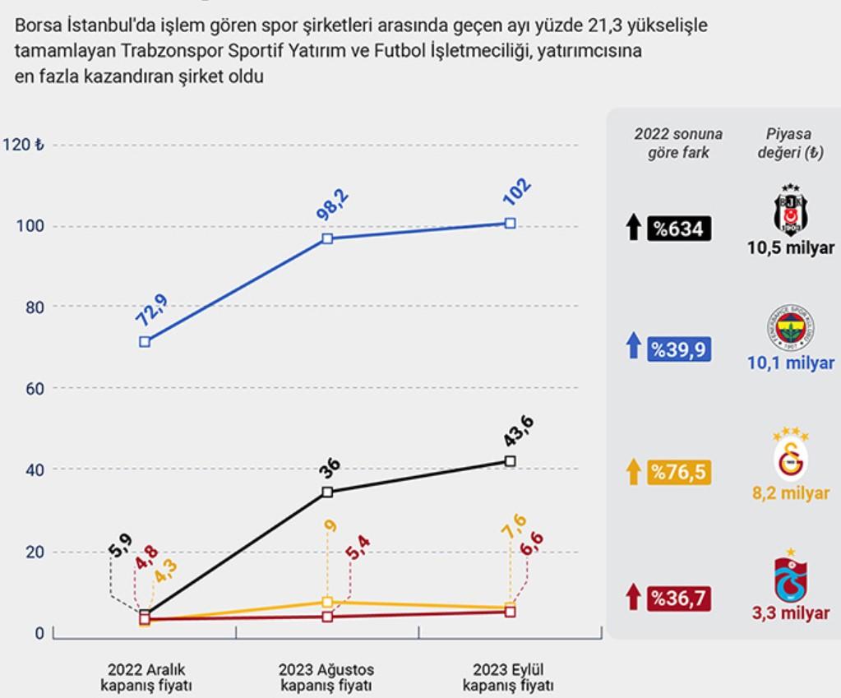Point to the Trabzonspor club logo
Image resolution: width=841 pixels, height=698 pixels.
click(790, 580)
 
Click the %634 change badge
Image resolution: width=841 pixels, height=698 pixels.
click(677, 229)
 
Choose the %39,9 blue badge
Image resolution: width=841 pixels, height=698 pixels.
click(677, 349)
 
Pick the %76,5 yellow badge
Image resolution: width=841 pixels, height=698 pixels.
click(677, 473)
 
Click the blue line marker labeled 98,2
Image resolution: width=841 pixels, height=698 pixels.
click(327, 238)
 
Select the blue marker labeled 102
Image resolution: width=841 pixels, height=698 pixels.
click(511, 223)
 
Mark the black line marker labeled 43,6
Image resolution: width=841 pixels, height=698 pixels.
click(511, 461)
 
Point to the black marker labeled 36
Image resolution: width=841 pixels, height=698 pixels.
click(327, 492)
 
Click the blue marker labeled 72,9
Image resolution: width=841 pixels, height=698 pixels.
click(145, 341)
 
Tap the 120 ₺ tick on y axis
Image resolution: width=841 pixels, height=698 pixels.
click(24, 146)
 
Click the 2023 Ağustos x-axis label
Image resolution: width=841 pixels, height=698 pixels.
click(326, 677)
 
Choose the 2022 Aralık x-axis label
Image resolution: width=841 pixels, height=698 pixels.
click(145, 677)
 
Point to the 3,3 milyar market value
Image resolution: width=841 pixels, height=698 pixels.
click(790, 612)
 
